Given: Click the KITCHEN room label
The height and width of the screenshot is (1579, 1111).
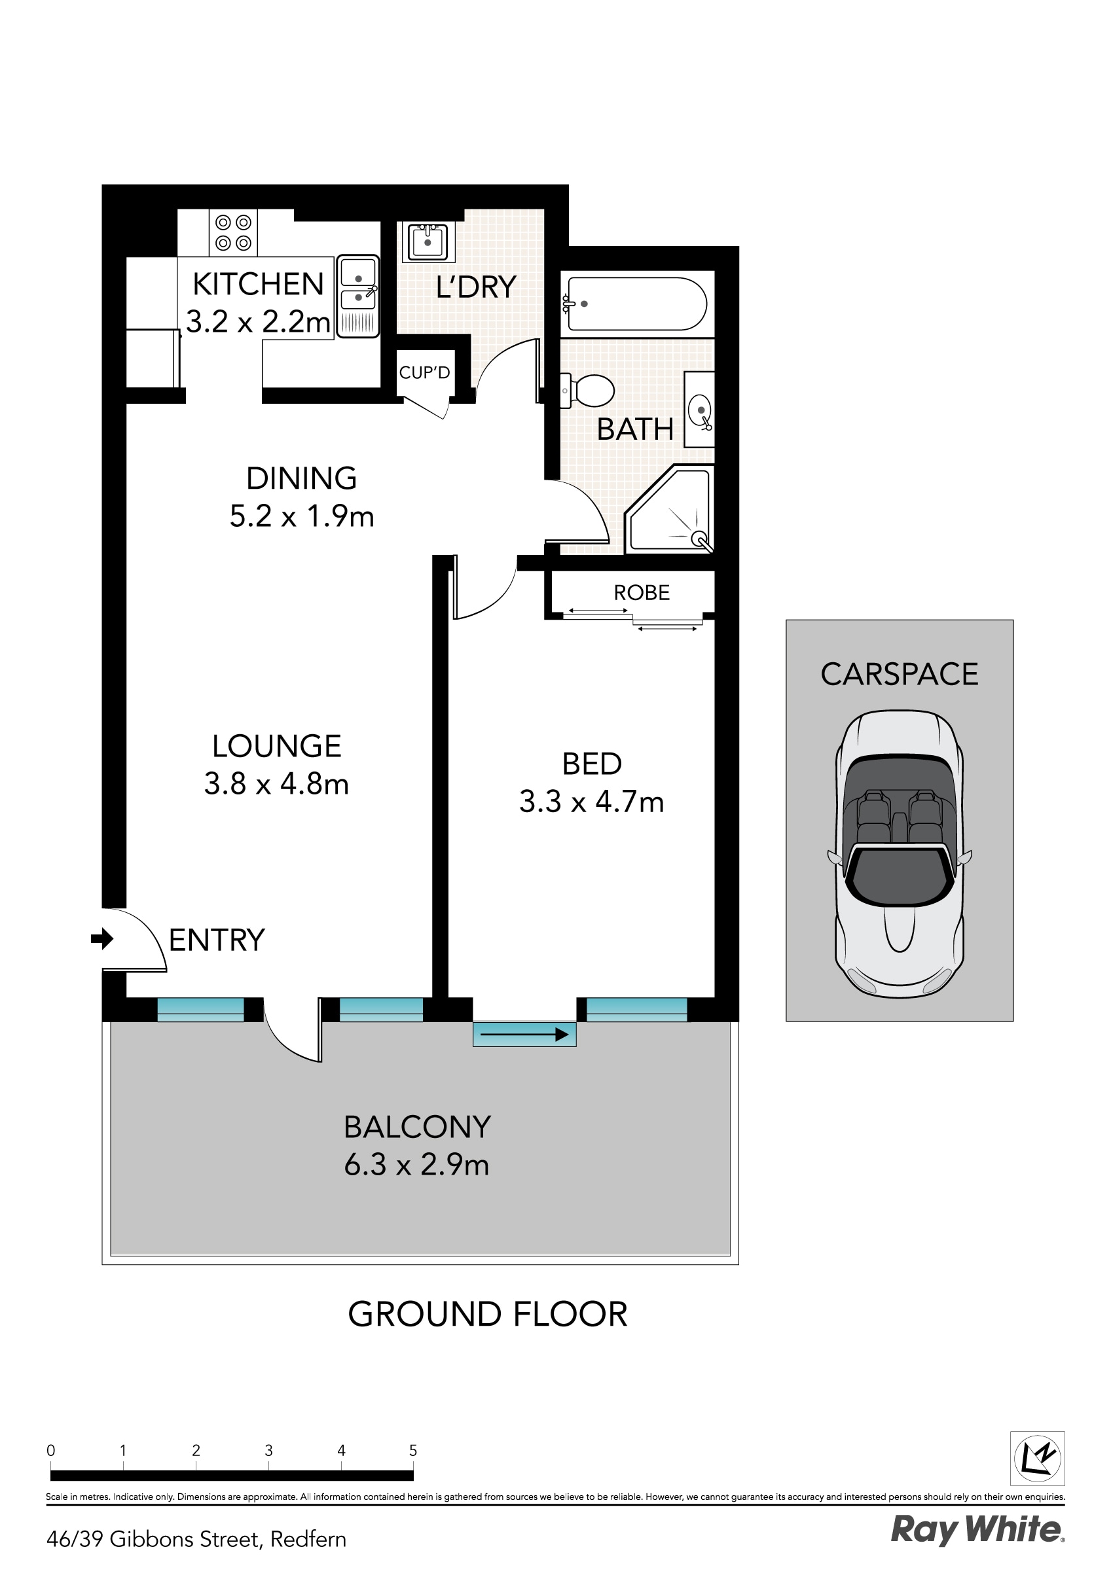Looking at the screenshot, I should pos(258,284).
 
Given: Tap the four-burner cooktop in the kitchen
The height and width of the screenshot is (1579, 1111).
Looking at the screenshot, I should pos(233,232).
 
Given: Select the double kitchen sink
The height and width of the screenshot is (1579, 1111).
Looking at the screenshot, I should pos(357,296).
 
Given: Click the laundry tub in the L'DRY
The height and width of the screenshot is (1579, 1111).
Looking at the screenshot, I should pos(428,241).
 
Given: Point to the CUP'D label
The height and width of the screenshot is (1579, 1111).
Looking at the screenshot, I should pos(424,372).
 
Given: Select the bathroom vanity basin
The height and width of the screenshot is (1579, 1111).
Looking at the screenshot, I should pos(700,410).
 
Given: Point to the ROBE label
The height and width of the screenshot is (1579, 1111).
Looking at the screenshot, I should pos(641,592).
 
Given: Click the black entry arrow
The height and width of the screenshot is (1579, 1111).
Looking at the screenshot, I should pos(102,938).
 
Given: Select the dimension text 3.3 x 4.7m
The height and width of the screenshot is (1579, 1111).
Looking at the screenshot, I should pos(591,802).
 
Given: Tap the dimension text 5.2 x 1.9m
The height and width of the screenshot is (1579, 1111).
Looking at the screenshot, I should pos(301,516).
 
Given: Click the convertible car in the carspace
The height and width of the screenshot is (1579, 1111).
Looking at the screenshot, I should pos(899,853).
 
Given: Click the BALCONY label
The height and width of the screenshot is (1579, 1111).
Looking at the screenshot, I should pos(417,1126).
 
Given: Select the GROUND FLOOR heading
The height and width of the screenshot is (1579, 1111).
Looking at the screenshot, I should pos(487,1314).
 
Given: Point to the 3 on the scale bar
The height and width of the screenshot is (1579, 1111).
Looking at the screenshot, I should pos(268,1449).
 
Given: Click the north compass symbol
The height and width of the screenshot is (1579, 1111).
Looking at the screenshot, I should pos(1037,1458).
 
